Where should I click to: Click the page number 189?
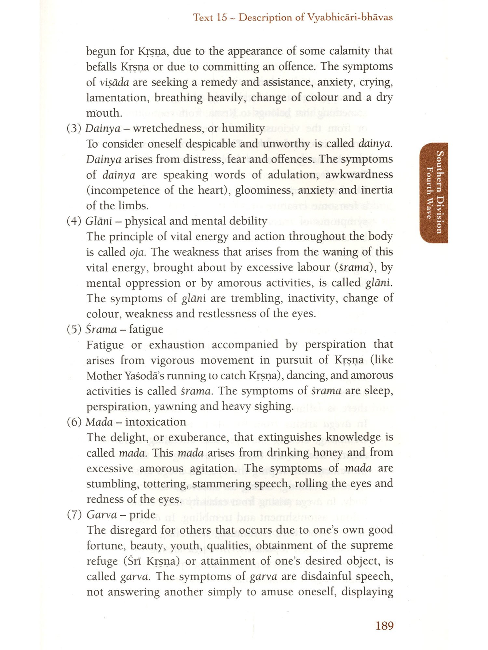[385, 626]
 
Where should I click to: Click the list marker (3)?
[74, 128]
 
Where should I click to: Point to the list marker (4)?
[74, 221]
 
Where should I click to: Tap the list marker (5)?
[74, 329]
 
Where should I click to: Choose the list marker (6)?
[74, 422]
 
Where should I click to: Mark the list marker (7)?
[74, 514]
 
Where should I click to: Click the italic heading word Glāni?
[99, 221]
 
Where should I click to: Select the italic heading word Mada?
[99, 422]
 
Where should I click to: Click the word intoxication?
[156, 422]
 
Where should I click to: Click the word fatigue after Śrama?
[146, 329]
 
